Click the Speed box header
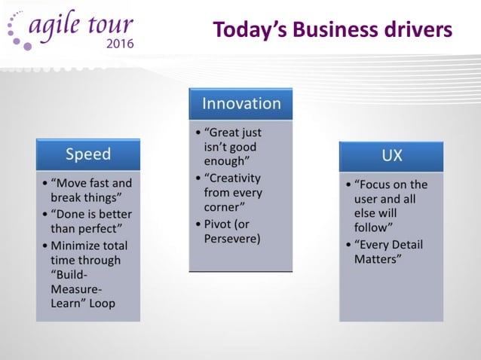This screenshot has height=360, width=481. (x=88, y=154)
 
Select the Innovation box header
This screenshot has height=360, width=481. (x=240, y=104)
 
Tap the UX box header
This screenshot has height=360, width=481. (x=391, y=156)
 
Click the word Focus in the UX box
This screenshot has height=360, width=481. (x=380, y=184)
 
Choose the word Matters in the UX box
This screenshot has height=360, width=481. (x=376, y=259)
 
